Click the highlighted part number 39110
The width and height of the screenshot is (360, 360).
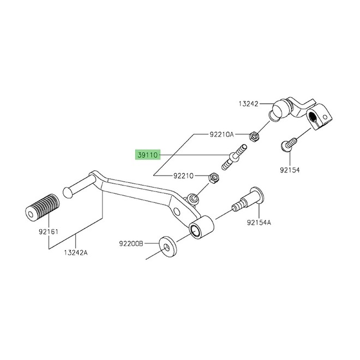pyautogui.click(x=148, y=155)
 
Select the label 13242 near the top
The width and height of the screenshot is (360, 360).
pyautogui.click(x=248, y=104)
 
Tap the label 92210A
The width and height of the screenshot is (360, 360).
pyautogui.click(x=221, y=134)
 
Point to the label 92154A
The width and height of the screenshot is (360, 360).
pyautogui.click(x=259, y=223)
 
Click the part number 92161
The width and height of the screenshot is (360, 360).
pyautogui.click(x=49, y=232)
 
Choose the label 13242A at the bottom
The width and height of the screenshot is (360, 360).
pyautogui.click(x=76, y=253)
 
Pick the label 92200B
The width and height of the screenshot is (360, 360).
pyautogui.click(x=131, y=244)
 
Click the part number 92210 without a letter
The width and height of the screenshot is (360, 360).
pyautogui.click(x=183, y=176)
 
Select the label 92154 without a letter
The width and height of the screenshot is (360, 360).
pyautogui.click(x=290, y=170)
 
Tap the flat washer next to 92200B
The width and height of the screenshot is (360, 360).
pyautogui.click(x=167, y=247)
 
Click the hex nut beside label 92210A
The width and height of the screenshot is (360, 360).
pyautogui.click(x=254, y=137)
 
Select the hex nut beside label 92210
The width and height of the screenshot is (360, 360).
pyautogui.click(x=213, y=178)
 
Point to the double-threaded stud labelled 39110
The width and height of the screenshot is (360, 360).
pyautogui.click(x=234, y=157)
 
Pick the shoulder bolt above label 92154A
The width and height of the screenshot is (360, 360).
pyautogui.click(x=248, y=200)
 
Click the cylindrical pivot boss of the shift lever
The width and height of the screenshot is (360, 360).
pyautogui.click(x=201, y=227)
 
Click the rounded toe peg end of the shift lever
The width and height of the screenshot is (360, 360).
pyautogui.click(x=67, y=192)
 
